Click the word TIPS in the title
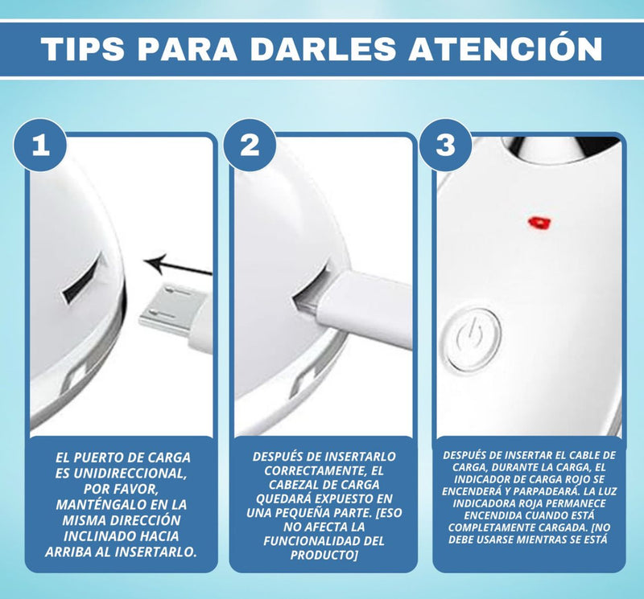coord(84,48)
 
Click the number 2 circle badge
coord(250,146)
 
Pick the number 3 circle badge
coord(445,146)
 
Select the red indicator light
coord(535,220)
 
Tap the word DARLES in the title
coord(322,48)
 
